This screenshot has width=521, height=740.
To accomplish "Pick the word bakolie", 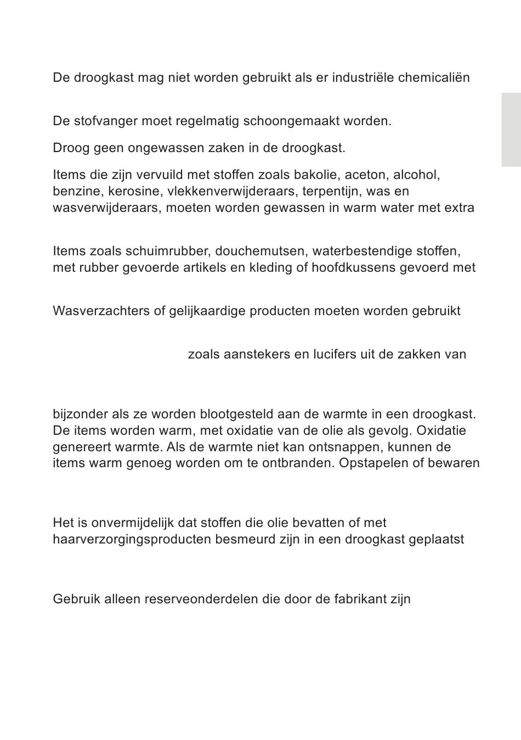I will (318, 175).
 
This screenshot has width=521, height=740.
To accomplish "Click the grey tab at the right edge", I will (511, 130).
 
